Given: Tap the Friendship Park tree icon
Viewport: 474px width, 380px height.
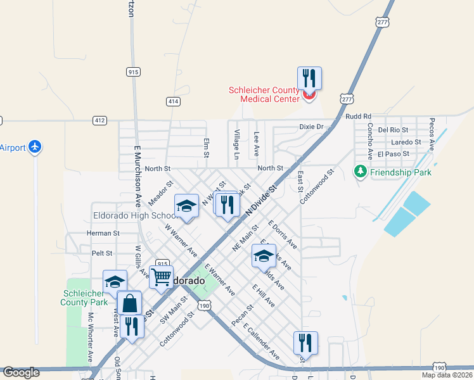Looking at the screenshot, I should pos(361,172).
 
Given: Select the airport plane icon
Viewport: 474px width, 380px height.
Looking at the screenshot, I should pos(35,148).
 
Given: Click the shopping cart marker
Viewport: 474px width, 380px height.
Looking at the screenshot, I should pos(162,277).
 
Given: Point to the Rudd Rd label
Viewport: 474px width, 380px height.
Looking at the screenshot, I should pos(358,117).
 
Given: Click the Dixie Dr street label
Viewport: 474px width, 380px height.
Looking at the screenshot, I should pos(311,127).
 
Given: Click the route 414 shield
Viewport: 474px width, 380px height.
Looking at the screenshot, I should pos(172,101).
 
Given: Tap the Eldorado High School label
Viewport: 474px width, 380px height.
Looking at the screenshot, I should pos(130,215).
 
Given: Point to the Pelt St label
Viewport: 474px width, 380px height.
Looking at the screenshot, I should pos(101,253).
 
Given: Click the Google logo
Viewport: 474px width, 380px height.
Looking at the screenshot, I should pos(21,372).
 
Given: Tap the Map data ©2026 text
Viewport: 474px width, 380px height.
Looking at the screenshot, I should pos(446,375).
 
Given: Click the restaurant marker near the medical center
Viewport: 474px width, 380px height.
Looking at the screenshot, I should pos(309,78).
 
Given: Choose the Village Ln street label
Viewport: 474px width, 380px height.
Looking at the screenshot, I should pos(236,144).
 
